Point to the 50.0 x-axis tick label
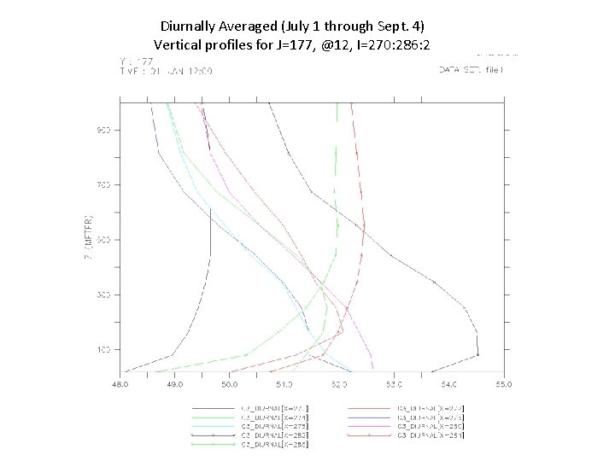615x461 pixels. pos(229,386)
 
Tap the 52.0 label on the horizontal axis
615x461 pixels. pos(339,386)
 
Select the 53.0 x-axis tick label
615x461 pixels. pos(394,386)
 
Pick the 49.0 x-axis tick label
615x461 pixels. pos(174,386)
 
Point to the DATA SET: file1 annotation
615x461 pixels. pos(471,69)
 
